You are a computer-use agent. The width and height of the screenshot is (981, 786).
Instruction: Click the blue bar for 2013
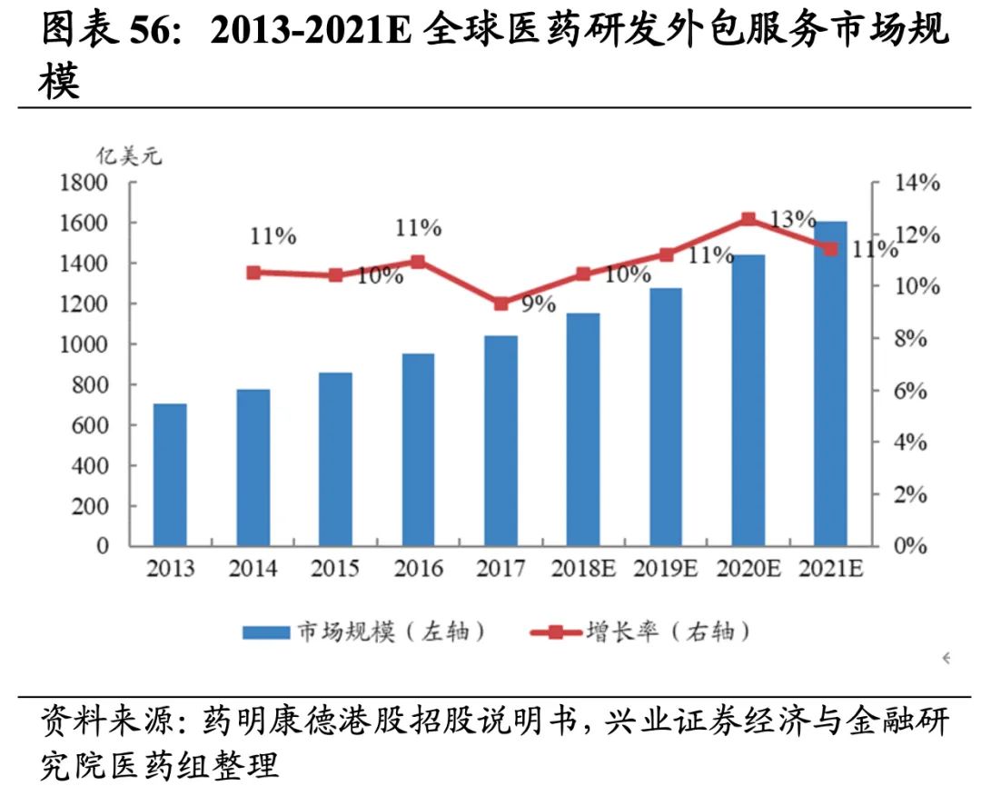(170, 474)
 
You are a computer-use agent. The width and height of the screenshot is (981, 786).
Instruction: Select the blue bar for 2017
(500, 441)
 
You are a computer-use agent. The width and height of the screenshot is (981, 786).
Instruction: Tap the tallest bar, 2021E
(830, 383)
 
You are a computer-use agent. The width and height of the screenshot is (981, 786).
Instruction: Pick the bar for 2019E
(666, 417)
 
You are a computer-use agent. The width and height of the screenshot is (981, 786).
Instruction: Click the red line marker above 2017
(500, 303)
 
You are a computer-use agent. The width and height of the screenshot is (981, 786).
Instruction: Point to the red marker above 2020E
(748, 219)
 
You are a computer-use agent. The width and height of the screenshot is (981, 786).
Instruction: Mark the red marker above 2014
(253, 272)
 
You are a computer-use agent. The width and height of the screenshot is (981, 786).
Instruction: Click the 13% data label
(792, 219)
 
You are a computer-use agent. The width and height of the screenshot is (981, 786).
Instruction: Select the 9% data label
(538, 304)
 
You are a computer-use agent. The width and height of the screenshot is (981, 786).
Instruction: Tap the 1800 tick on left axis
(84, 183)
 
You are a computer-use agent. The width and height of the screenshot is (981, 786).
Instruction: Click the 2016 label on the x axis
(418, 570)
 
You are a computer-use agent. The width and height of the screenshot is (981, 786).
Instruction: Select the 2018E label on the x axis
(583, 570)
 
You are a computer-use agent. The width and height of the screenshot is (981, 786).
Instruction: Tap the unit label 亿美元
(129, 155)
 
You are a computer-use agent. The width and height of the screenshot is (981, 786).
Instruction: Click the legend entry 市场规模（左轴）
(363, 632)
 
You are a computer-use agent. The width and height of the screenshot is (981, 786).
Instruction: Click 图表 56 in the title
(100, 32)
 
